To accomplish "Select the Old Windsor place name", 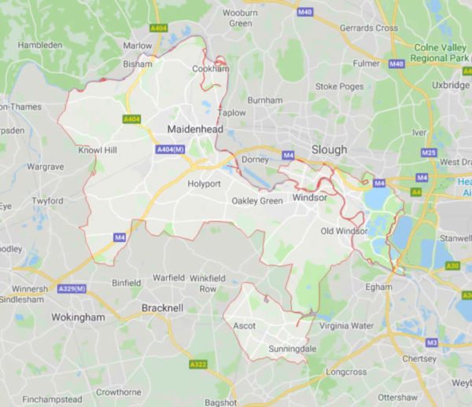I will point(344,230).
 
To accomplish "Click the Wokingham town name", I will point(55,317).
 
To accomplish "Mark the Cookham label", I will point(211,69).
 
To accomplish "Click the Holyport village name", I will point(204,184).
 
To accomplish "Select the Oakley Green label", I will point(256,200).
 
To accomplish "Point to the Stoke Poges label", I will point(337,86).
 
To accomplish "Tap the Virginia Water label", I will point(347,324).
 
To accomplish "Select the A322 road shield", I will point(198,365).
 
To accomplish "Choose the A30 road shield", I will point(452,266).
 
